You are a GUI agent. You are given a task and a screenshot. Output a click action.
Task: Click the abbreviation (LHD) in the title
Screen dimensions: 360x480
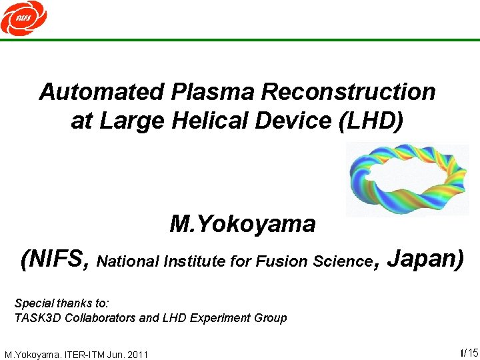pos(371,121)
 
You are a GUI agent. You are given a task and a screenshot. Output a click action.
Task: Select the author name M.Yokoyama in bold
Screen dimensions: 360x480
pos(243,224)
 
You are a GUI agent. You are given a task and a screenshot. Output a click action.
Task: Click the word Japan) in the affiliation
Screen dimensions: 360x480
pos(425,259)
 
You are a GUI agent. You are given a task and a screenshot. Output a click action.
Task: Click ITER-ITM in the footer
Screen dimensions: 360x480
pos(86,354)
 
